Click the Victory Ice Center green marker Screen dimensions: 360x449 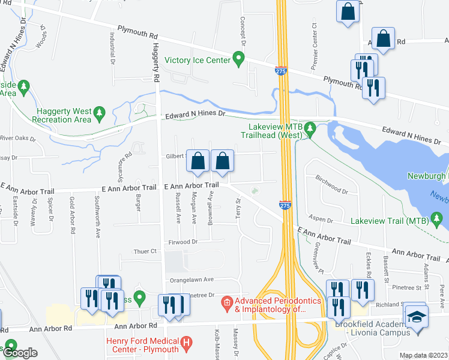[x=239, y=59]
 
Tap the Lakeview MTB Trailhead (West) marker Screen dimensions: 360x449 [x=310, y=128]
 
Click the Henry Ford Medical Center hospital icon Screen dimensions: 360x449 [x=187, y=344]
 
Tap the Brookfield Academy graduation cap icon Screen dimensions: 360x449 [x=415, y=316]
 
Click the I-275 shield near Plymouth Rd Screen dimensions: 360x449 [x=280, y=71]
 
